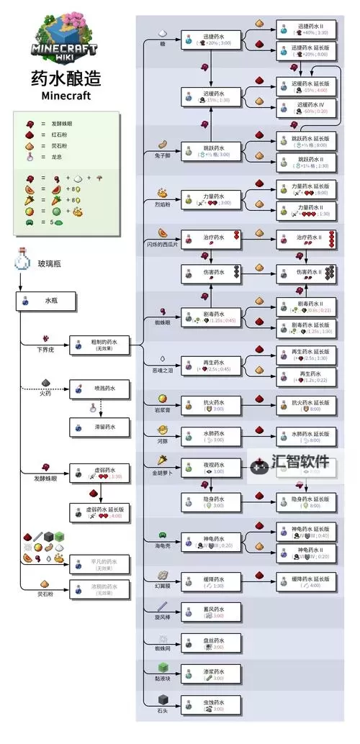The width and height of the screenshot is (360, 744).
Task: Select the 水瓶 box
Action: coord(46,300)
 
